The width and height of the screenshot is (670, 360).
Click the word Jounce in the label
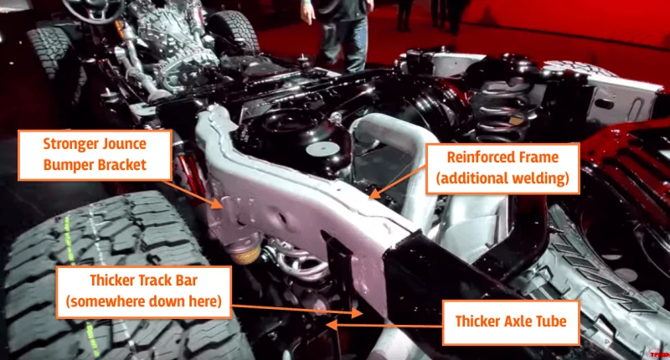(126, 144)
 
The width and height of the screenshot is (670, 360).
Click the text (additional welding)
(502, 178)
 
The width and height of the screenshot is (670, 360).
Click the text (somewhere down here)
(143, 301)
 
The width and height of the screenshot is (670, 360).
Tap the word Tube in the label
(552, 321)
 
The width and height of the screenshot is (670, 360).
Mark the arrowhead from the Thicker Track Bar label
(358, 312)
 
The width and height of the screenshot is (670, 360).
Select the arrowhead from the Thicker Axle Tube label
(332, 325)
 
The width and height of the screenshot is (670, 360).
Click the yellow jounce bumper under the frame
(245, 253)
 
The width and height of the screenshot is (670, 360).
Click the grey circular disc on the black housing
(323, 149)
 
